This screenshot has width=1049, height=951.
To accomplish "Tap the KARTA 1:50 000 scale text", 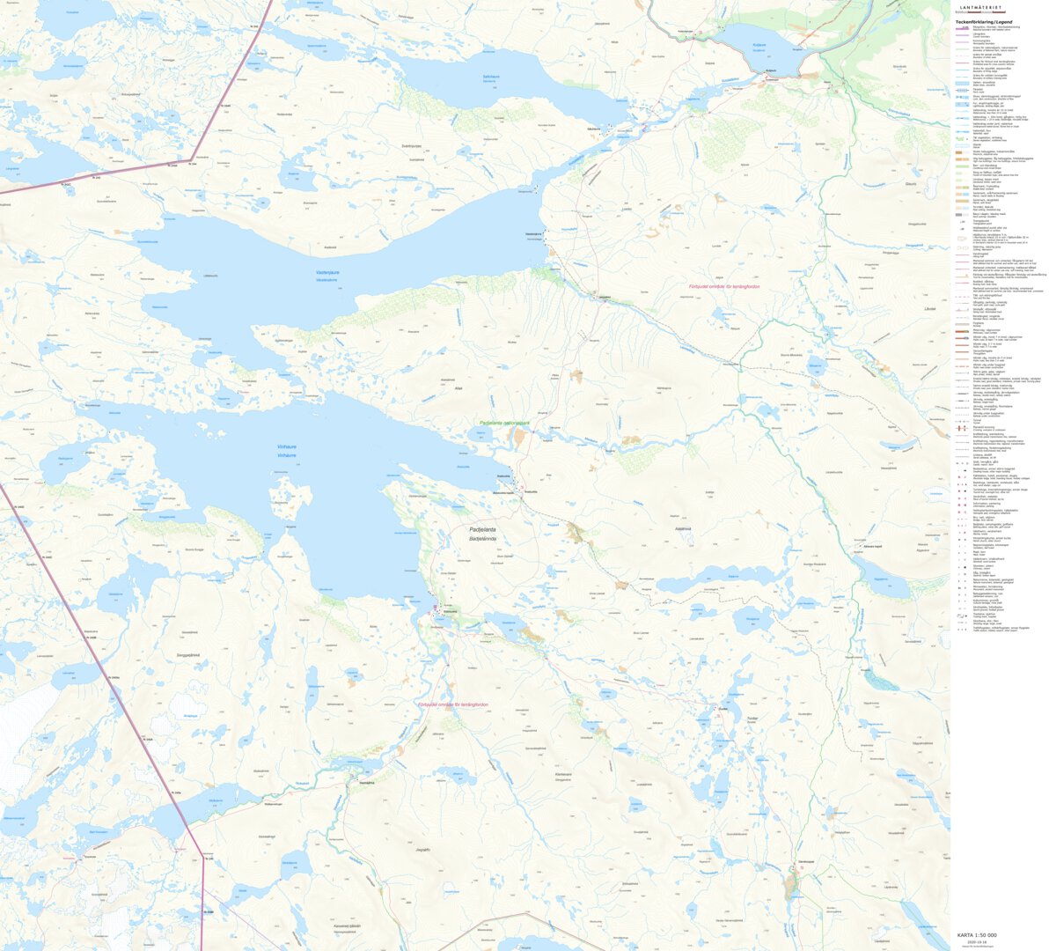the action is pos(977,935).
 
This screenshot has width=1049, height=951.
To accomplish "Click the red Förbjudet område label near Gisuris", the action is pos(723,287).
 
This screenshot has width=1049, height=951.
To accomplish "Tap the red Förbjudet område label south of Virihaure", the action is pos(452,705).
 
